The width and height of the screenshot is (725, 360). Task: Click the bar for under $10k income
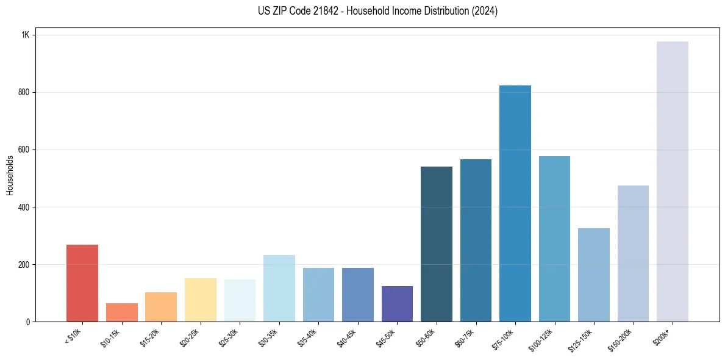click(x=82, y=283)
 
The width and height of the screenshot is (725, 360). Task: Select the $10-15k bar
click(x=121, y=312)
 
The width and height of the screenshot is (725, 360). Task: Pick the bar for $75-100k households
click(x=515, y=204)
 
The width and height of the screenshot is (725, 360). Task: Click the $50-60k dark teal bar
click(x=437, y=244)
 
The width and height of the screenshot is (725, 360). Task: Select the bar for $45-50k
click(x=397, y=304)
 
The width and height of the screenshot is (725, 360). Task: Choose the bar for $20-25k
click(x=200, y=300)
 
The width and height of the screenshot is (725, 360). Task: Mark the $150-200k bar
click(x=633, y=254)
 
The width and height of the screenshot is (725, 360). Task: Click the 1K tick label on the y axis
click(x=26, y=35)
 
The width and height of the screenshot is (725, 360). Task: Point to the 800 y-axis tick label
click(x=24, y=93)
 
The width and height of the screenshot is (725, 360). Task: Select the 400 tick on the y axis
click(x=24, y=207)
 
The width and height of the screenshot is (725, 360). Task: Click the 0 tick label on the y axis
click(x=27, y=322)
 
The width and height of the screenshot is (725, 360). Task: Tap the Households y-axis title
click(x=10, y=175)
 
